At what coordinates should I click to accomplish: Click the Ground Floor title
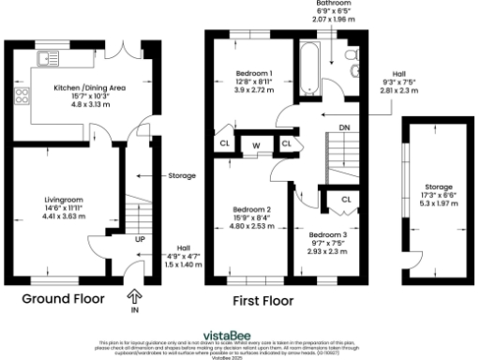[x=63, y=300]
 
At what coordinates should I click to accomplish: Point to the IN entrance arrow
[x=135, y=297]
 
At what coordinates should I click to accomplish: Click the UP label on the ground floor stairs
[x=140, y=240]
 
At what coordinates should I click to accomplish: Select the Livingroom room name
[x=64, y=200]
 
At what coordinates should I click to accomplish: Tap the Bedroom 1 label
[x=253, y=73]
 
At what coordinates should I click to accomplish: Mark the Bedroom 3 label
[x=326, y=232]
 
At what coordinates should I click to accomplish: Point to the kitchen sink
[x=45, y=59]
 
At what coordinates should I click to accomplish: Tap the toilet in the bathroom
[x=352, y=67]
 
